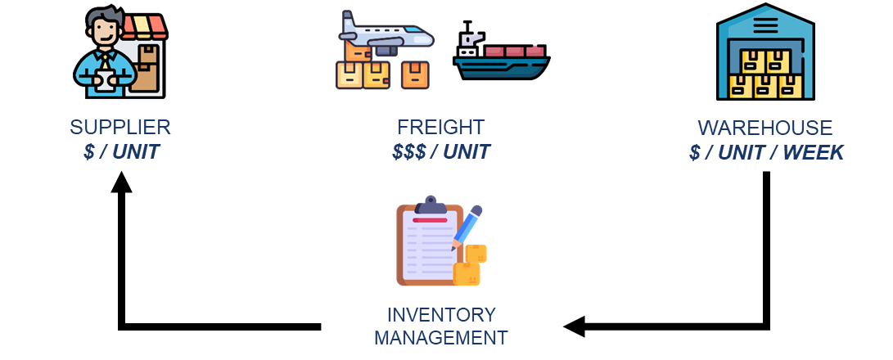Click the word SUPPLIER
pos(120,128)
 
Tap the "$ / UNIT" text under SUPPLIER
pos(121,151)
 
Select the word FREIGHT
pos(440,128)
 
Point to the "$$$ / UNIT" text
pos(441,151)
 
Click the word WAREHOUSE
pos(764,128)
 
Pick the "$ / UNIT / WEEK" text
pos(766,152)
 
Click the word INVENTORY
pos(441,315)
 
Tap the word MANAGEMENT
pos(440,337)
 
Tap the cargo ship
pos(500,61)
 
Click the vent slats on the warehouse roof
pos(765,25)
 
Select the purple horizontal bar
pos(622,223)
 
